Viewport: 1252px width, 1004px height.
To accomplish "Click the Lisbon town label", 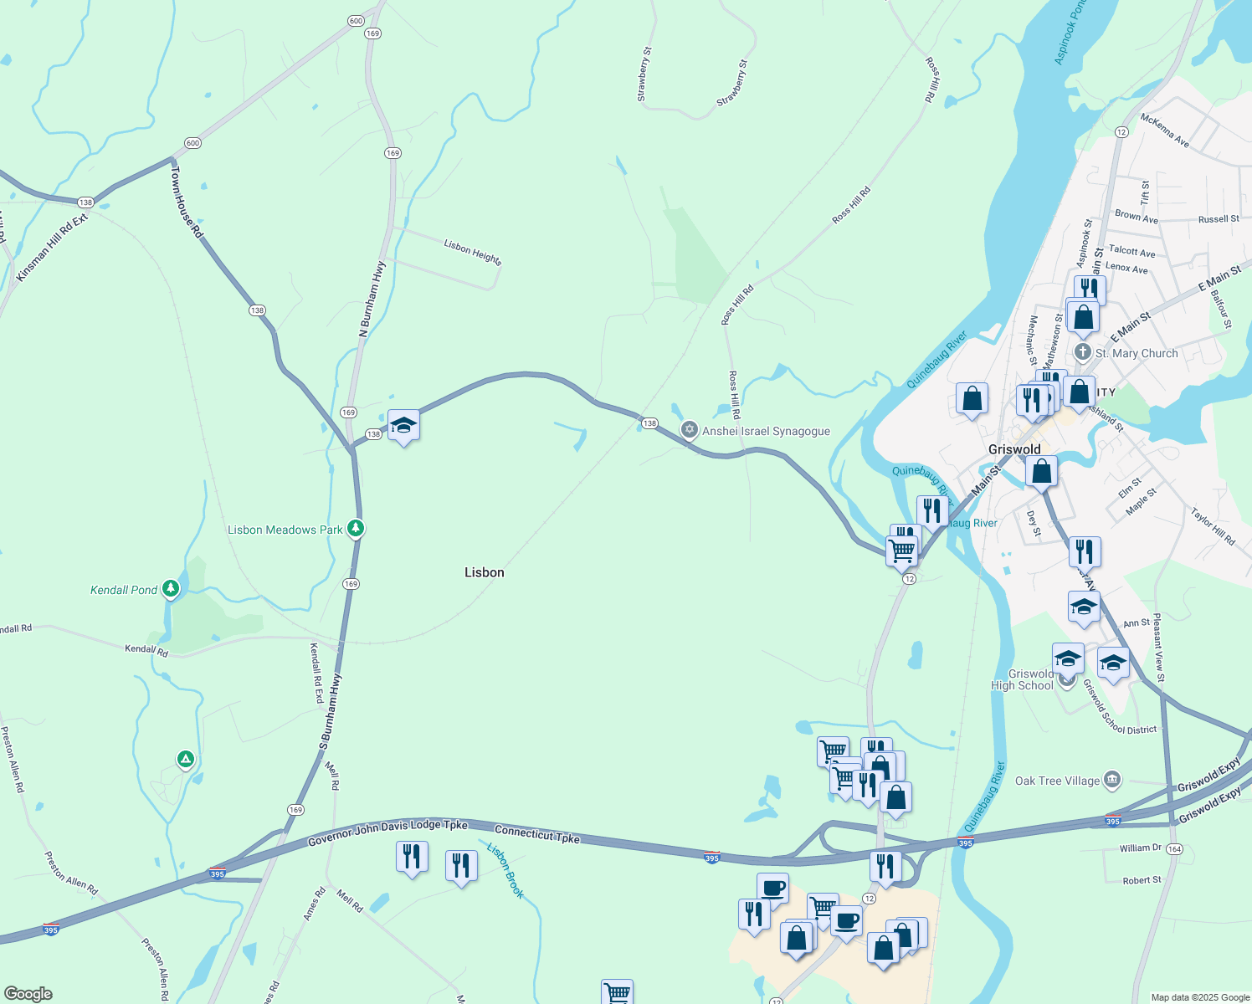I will tap(485, 572).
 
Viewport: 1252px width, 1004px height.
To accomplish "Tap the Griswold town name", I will tap(1014, 449).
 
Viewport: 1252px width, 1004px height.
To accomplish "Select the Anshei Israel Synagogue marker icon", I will tap(689, 431).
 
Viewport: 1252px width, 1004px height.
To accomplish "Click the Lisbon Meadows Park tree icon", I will tap(356, 529).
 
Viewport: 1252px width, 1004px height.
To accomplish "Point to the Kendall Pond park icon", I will tap(171, 589).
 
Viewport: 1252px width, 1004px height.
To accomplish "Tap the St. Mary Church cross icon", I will tap(1083, 352).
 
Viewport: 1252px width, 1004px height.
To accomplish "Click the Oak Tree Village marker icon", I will tap(1112, 781).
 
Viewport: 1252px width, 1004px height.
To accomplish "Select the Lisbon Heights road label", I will tap(473, 252).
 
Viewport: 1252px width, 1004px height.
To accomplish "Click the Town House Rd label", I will tap(187, 202).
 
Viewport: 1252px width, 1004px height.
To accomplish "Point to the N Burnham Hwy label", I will tap(372, 300).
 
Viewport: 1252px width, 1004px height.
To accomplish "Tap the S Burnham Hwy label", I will tap(330, 711).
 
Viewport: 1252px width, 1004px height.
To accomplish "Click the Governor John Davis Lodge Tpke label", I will tap(387, 833).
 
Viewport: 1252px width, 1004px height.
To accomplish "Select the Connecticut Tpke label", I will tap(536, 834).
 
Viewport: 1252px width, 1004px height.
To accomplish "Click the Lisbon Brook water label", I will tap(505, 871).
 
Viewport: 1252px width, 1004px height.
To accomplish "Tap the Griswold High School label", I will tap(1022, 679).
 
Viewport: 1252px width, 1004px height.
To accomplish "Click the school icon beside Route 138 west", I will tap(403, 426).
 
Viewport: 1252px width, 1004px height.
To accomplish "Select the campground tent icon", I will tap(186, 760).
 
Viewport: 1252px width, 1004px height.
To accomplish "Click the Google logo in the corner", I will tap(28, 993).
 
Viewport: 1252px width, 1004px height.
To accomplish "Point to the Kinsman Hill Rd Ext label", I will tap(52, 248).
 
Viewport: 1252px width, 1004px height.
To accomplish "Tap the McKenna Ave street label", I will tap(1164, 131).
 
